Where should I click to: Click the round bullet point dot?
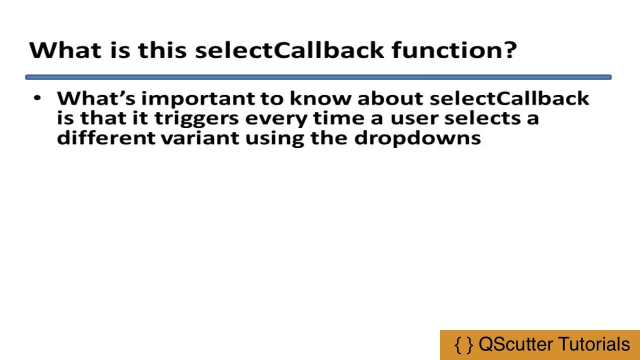pyautogui.click(x=37, y=97)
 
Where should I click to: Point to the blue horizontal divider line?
pyautogui.click(x=318, y=77)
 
